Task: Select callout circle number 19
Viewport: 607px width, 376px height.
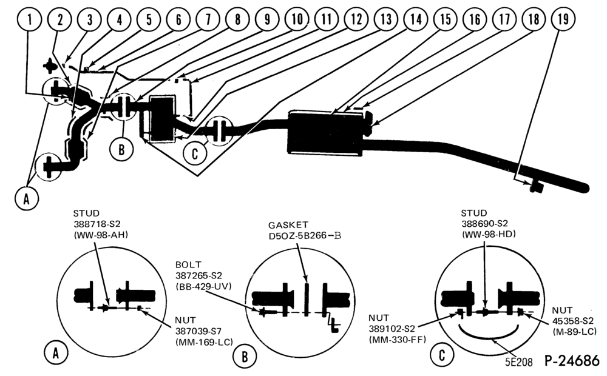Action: [x=563, y=19]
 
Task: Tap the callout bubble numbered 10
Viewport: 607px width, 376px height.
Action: [x=297, y=19]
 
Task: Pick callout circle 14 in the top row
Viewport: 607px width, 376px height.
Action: [x=415, y=19]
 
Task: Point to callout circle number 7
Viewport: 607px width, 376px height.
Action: [x=208, y=19]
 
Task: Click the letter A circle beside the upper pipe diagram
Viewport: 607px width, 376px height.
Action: [x=26, y=199]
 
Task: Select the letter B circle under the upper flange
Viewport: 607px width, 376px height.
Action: [x=121, y=149]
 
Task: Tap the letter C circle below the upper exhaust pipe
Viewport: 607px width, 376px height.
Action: [x=195, y=153]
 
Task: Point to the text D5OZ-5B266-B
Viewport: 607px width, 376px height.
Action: [x=305, y=235]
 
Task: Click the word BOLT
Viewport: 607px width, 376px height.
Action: [x=188, y=265]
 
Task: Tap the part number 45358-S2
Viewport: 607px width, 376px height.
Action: [x=572, y=321]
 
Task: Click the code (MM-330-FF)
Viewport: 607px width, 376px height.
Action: [x=397, y=340]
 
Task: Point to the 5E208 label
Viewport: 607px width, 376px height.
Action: [x=519, y=362]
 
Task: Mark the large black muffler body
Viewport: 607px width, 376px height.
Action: [x=325, y=133]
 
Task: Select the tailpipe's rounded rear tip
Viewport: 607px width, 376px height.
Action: [x=585, y=189]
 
